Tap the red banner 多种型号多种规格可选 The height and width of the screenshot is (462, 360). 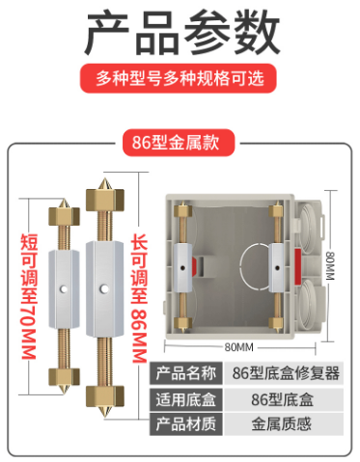click(x=178, y=78)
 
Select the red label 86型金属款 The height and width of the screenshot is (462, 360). click(x=179, y=143)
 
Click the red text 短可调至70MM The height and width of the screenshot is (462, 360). click(x=29, y=296)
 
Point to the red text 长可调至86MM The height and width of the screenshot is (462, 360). click(x=139, y=298)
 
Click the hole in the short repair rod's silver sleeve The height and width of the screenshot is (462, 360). click(x=64, y=289)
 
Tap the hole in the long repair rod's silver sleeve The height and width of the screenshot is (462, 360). click(x=103, y=289)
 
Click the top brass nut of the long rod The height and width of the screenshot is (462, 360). click(x=105, y=200)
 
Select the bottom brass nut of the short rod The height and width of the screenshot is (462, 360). click(x=64, y=376)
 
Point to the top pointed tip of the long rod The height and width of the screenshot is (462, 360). click(x=104, y=178)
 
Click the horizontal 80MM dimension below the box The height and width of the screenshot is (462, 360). click(x=239, y=347)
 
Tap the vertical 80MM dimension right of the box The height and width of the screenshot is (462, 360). click(x=330, y=265)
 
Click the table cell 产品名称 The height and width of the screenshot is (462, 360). click(x=186, y=373)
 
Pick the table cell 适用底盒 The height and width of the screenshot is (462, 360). click(x=186, y=399)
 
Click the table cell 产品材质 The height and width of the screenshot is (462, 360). click(x=186, y=424)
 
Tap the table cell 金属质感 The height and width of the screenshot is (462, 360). click(x=282, y=424)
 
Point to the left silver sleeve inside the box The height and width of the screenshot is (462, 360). click(x=183, y=268)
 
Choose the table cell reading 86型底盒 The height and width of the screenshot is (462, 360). click(x=283, y=399)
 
